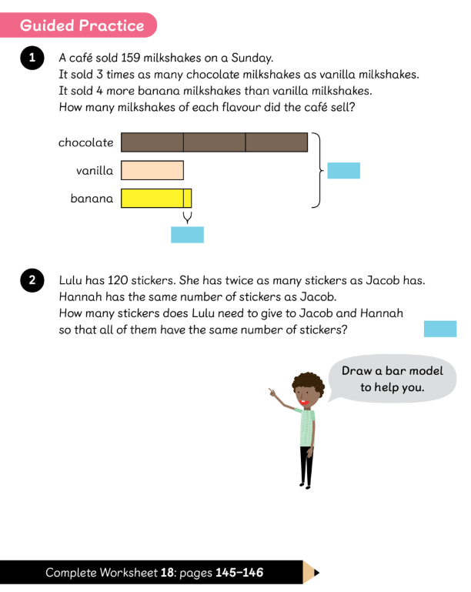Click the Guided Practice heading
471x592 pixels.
82,25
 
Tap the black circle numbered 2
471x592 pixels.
32,281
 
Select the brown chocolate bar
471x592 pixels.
214,142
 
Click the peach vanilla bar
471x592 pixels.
152,170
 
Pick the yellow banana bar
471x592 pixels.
155,199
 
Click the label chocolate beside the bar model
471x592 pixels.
85,142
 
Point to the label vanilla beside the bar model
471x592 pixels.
95,170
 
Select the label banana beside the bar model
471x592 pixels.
92,199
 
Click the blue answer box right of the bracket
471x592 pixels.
343,170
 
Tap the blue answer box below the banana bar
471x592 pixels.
187,235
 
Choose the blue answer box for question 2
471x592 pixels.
440,329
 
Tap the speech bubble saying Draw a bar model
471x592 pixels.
392,379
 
